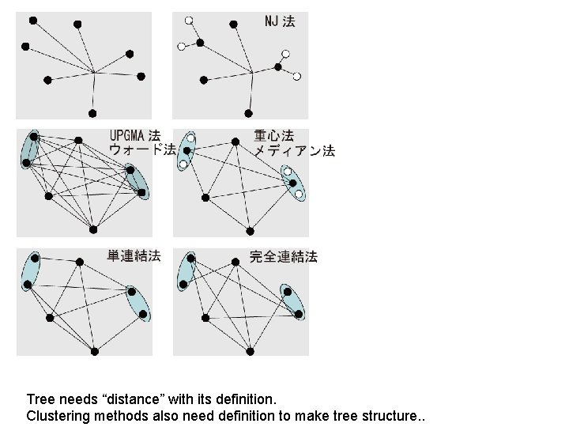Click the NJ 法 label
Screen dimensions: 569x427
(280, 22)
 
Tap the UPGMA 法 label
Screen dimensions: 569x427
(135, 136)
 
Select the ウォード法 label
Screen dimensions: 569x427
(142, 149)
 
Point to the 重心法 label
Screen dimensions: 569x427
(273, 136)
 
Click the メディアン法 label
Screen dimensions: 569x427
(294, 150)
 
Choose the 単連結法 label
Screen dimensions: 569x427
(134, 255)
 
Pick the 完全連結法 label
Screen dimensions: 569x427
(284, 256)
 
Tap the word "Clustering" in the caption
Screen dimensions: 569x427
(55, 416)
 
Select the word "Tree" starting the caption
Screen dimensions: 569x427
(40, 400)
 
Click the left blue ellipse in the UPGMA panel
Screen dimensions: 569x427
(29, 149)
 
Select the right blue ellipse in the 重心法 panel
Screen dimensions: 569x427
(292, 182)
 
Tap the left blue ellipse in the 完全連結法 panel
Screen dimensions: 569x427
(187, 270)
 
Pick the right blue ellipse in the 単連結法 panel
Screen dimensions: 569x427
(138, 303)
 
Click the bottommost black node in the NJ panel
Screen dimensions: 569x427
(249, 113)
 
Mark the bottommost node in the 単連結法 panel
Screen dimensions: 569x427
(94, 350)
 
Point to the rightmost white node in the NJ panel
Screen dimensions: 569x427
(297, 77)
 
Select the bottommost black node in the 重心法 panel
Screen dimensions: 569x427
(250, 231)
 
